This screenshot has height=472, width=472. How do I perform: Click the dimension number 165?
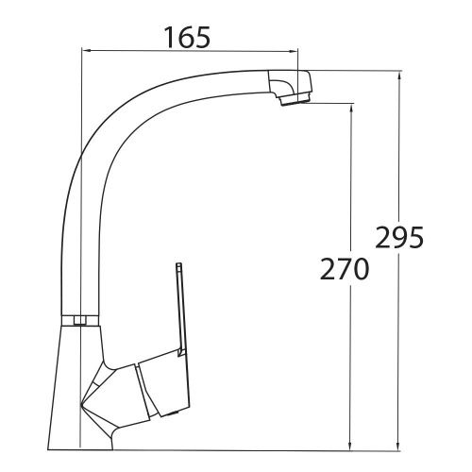(x=186, y=38)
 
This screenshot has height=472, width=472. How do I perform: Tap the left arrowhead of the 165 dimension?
(x=88, y=52)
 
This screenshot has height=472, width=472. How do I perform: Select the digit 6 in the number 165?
(x=186, y=38)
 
